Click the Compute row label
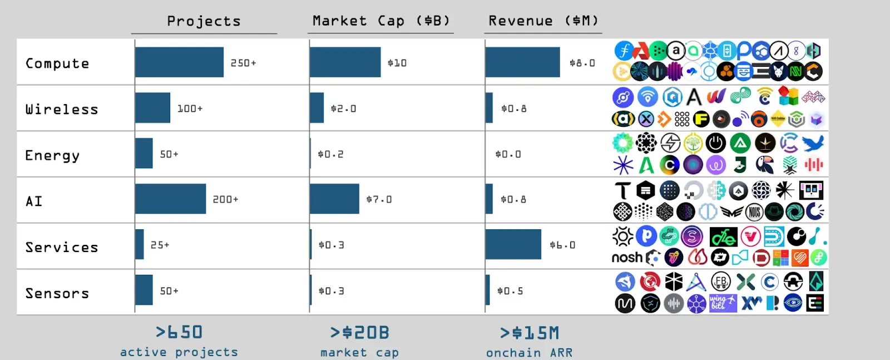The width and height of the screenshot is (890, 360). click(x=57, y=63)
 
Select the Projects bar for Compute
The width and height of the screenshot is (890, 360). click(x=179, y=62)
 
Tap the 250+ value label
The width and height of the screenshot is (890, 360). click(x=244, y=63)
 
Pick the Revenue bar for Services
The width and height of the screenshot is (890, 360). click(x=513, y=244)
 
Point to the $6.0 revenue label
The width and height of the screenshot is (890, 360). click(x=562, y=245)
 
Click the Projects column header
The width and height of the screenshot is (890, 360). click(x=204, y=21)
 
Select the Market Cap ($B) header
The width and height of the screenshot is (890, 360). click(x=381, y=21)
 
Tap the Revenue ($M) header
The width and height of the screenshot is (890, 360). click(x=543, y=21)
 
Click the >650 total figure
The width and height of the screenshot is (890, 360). click(x=179, y=332)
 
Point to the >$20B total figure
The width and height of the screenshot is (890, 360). click(x=359, y=333)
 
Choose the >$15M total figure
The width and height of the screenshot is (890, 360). click(x=530, y=333)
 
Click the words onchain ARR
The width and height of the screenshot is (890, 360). click(x=530, y=353)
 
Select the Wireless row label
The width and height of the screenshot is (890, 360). click(x=62, y=110)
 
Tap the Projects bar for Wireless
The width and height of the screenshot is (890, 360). click(x=152, y=108)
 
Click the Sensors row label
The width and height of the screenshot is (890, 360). click(x=57, y=293)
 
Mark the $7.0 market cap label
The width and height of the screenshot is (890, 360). click(x=379, y=199)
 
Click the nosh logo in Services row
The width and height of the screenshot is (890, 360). click(x=627, y=258)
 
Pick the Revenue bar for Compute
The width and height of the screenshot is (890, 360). click(x=522, y=62)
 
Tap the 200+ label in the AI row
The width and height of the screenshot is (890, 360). click(x=225, y=199)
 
